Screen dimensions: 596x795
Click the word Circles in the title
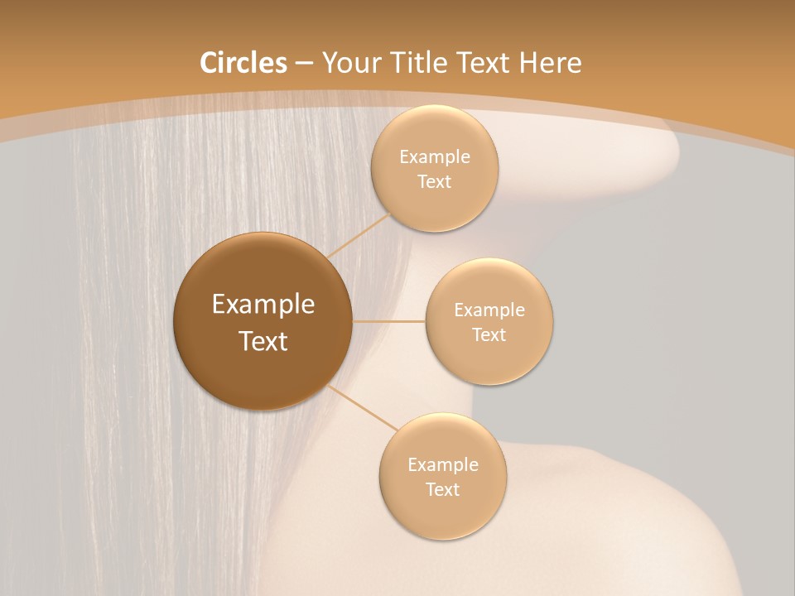coord(243,63)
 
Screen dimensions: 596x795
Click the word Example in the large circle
coord(263,305)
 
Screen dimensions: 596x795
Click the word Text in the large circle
coord(263,341)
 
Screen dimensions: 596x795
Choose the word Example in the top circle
coord(435,157)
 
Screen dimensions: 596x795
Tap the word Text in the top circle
coord(435,182)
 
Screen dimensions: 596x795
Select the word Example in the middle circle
coord(489,310)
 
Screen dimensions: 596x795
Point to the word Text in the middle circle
coord(489,335)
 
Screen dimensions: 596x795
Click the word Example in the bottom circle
coord(443,465)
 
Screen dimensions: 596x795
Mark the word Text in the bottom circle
coord(443,490)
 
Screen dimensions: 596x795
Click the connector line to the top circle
coord(359,234)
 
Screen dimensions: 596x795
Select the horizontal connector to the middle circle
coord(389,321)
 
